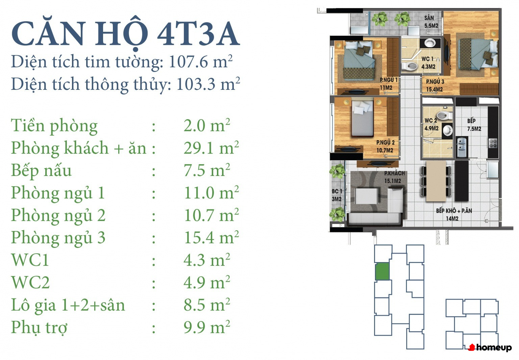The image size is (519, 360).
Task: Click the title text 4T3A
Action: coord(198,33)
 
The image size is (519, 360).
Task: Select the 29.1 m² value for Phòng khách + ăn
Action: coord(211,148)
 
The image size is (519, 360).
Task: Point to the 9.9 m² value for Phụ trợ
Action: coord(207,327)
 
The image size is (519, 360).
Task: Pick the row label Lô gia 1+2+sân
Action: coord(68,305)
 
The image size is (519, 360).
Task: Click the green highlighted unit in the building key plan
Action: coord(382,271)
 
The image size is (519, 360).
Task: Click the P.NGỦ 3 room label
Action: coord(435,82)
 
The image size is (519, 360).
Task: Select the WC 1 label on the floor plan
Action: coord(427,59)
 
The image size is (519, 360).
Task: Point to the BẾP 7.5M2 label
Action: coord(474,125)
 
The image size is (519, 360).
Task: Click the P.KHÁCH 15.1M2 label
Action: coord(394,177)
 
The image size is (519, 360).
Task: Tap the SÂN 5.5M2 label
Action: coord(431,22)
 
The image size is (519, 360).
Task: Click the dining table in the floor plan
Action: coord(436,181)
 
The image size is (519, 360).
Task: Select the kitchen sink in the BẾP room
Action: coord(462,147)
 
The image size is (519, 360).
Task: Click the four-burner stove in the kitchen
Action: coord(493,143)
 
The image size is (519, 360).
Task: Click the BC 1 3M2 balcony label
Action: coord(337,195)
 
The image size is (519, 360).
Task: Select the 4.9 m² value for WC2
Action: coord(207,282)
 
